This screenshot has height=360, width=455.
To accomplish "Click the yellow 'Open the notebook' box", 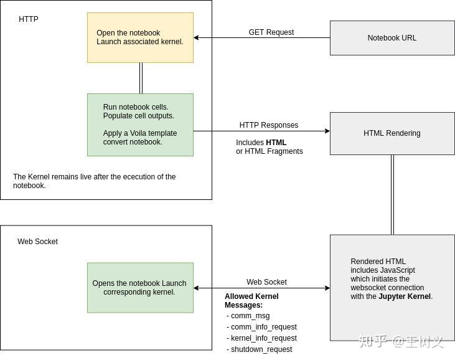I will (x=140, y=37).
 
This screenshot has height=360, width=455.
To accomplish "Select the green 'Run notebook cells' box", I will (x=140, y=125).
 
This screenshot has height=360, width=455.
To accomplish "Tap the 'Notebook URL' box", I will (x=392, y=38).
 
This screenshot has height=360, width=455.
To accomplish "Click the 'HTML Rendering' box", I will (x=392, y=133).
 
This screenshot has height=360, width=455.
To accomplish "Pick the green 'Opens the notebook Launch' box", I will (x=140, y=288).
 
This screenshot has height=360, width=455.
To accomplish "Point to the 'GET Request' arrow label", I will (x=271, y=32).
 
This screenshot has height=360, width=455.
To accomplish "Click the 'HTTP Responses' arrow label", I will (x=269, y=125).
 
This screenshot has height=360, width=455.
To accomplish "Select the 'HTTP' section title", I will (x=29, y=19).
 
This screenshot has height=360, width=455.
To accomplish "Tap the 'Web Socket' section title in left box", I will (x=37, y=242).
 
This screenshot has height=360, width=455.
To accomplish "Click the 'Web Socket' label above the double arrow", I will (x=266, y=282).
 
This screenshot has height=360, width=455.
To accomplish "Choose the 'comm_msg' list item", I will (x=250, y=316).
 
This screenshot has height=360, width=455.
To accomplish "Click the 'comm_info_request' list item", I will (x=263, y=327).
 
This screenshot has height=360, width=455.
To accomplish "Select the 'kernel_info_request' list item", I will (x=263, y=338).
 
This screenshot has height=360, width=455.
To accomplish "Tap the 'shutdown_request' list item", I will (x=261, y=349).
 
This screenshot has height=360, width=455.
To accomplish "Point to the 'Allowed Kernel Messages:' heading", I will (x=251, y=301).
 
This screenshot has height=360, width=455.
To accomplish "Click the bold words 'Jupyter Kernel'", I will (x=405, y=296).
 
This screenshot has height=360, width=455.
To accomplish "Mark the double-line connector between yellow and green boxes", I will (x=141, y=78).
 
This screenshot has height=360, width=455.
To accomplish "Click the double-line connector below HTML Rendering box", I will (x=392, y=194).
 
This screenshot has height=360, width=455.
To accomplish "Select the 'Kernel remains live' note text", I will (x=94, y=181).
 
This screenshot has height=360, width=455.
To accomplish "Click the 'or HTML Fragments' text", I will (x=269, y=151).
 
